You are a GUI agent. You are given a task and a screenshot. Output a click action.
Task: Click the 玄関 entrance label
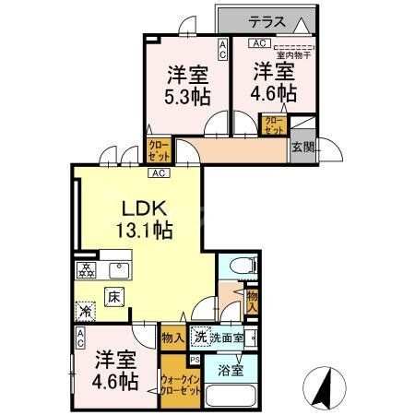(302, 147)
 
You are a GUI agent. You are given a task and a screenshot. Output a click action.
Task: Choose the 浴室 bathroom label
(231, 371)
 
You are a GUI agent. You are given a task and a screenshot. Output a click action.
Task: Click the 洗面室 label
(226, 338)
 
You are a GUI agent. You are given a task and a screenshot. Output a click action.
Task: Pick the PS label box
(195, 359)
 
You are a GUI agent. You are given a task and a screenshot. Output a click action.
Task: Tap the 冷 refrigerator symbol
(86, 312)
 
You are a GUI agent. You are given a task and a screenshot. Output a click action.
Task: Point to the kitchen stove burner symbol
(87, 271)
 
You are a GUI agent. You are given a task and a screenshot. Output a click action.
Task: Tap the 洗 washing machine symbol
(199, 338)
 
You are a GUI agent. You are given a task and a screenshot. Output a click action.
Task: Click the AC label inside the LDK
(158, 172)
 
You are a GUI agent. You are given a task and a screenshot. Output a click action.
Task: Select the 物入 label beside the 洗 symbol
(172, 338)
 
